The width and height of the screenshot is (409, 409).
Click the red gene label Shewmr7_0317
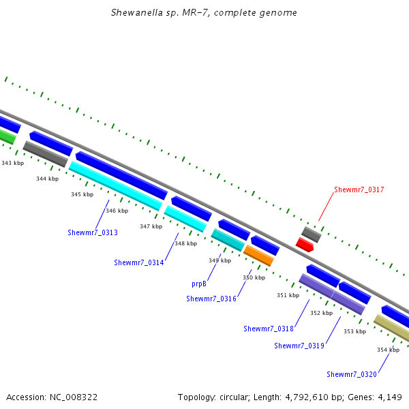pyautogui.click(x=359, y=190)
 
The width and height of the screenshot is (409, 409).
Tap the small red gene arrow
pyautogui.click(x=305, y=245)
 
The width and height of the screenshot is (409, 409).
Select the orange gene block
pyautogui.click(x=258, y=256)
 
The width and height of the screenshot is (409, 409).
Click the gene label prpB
pyautogui.click(x=199, y=284)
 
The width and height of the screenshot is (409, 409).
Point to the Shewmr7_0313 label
pyautogui.click(x=93, y=232)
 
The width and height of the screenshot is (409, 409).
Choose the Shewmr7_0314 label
pyautogui.click(x=139, y=262)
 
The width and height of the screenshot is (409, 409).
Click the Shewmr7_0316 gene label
pyautogui.click(x=211, y=299)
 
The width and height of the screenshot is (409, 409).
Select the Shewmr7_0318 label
pyautogui.click(x=269, y=329)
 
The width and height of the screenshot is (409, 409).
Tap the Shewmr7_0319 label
pyautogui.click(x=299, y=346)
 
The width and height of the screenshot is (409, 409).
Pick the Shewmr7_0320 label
pyautogui.click(x=352, y=374)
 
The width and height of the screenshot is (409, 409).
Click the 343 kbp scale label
pyautogui.click(x=13, y=163)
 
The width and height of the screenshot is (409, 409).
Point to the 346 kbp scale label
pyautogui.click(x=117, y=211)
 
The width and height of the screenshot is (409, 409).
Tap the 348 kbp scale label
pyautogui.click(x=186, y=243)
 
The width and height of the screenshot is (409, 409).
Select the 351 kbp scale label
pyautogui.click(x=288, y=295)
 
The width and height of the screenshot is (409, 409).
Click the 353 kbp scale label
pyautogui.click(x=354, y=331)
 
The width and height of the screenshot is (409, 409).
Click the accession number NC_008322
pyautogui.click(x=74, y=397)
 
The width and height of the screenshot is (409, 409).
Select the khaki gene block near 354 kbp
pyautogui.click(x=392, y=327)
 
